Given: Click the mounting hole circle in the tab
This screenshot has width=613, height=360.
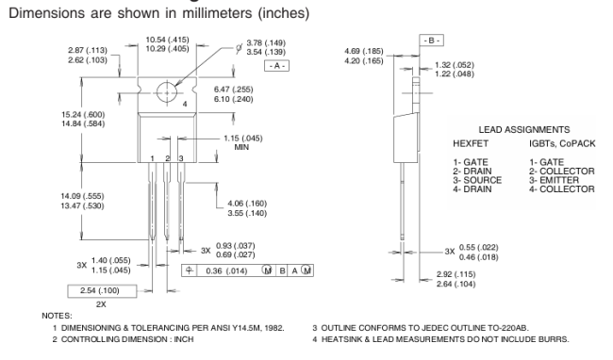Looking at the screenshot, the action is pyautogui.click(x=167, y=83).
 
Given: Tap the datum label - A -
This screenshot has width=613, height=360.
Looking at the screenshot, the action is pyautogui.click(x=276, y=66).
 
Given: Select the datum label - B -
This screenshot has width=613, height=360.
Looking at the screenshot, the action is pyautogui.click(x=431, y=41).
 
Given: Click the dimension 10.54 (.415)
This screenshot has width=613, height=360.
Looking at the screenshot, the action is pyautogui.click(x=167, y=40).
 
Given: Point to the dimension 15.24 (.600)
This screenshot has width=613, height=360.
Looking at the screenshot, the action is pyautogui.click(x=83, y=114).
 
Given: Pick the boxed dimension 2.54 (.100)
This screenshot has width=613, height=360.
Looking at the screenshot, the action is pyautogui.click(x=100, y=290).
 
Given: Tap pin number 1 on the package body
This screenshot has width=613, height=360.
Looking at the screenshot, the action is pyautogui.click(x=152, y=158).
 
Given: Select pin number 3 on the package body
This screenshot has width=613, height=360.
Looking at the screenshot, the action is pyautogui.click(x=181, y=158).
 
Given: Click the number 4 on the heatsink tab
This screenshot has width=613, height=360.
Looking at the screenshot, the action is pyautogui.click(x=185, y=104).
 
